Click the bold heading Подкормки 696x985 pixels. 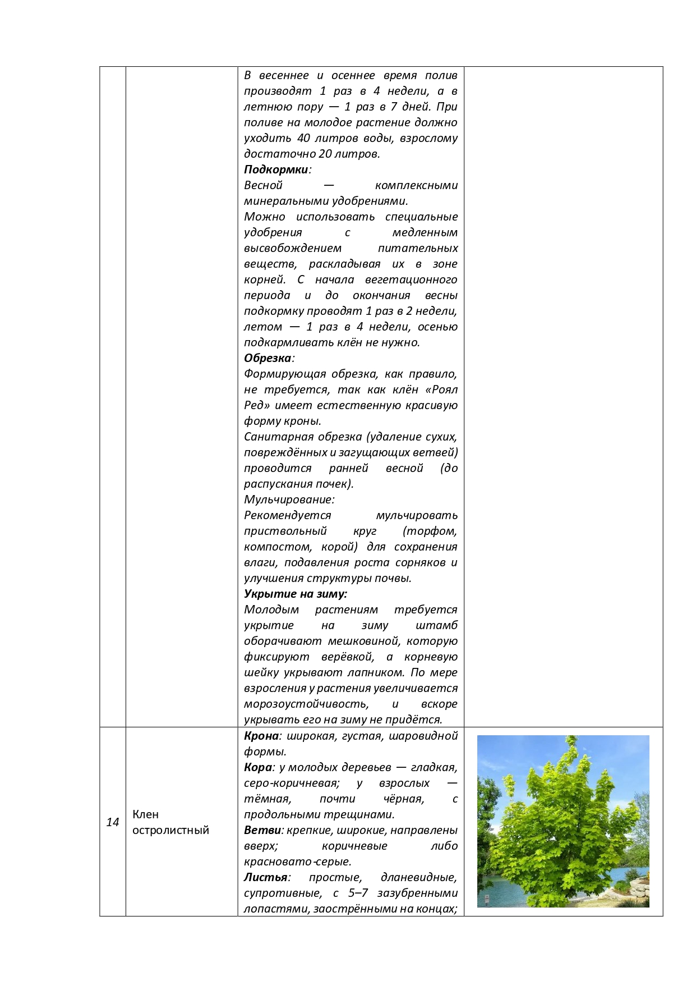[276, 169]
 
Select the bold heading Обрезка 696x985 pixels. [268, 358]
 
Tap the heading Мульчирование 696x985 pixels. [289, 500]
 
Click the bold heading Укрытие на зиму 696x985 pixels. [295, 594]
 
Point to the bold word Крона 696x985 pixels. [261, 736]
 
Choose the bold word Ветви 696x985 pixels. [261, 830]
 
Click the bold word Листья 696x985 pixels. [265, 877]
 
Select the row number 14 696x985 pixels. [113, 822]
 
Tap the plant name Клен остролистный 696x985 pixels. [170, 822]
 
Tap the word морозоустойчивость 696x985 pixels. [306, 704]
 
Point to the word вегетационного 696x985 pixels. [411, 280]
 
